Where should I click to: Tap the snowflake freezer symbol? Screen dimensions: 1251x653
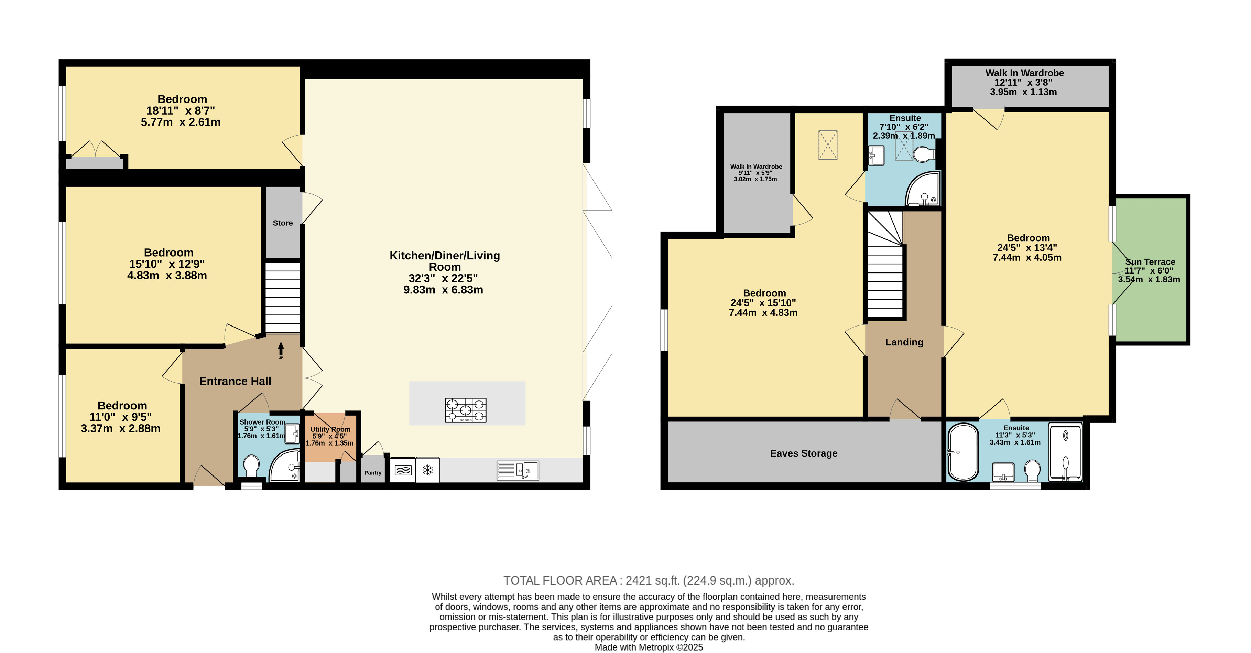tap(427, 470)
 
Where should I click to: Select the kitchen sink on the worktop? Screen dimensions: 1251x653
tap(518, 470)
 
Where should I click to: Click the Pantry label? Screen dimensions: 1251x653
tap(373, 473)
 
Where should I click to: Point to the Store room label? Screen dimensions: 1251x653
tap(283, 223)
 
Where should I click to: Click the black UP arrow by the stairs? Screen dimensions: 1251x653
tap(281, 349)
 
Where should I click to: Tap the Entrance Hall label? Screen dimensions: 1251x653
tap(235, 382)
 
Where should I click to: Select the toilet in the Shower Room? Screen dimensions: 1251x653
tap(251, 465)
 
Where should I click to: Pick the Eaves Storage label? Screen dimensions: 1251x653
tap(804, 453)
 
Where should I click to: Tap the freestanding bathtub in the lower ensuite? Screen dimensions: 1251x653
tap(964, 452)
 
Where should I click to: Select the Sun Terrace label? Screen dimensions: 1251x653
tap(1150, 262)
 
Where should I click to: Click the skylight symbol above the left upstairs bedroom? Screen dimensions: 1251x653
tap(828, 145)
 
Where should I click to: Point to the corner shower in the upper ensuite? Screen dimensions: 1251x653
tap(923, 189)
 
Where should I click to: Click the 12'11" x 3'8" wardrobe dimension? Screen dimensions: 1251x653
tap(1023, 83)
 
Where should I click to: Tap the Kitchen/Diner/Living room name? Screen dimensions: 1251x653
tap(445, 261)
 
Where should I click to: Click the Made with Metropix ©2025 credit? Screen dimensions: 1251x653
tap(649, 647)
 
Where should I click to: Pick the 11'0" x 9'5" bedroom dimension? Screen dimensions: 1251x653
tap(120, 417)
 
